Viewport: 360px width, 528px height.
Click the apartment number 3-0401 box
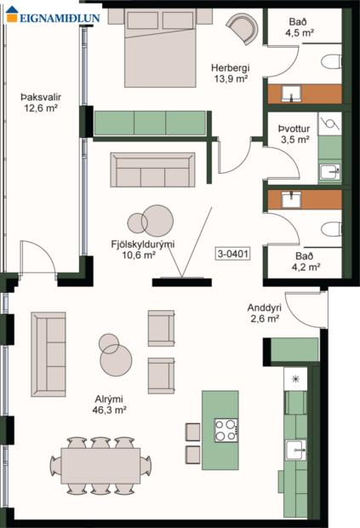coord(233,254)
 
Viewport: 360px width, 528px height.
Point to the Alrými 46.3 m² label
coord(110,404)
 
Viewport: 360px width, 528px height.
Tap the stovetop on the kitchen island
coord(226,429)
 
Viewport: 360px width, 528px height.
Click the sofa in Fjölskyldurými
coord(154,169)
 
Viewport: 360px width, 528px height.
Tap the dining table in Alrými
coord(100,466)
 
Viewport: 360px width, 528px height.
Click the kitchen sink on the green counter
coord(296,450)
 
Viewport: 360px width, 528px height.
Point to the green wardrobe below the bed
coord(150,123)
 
